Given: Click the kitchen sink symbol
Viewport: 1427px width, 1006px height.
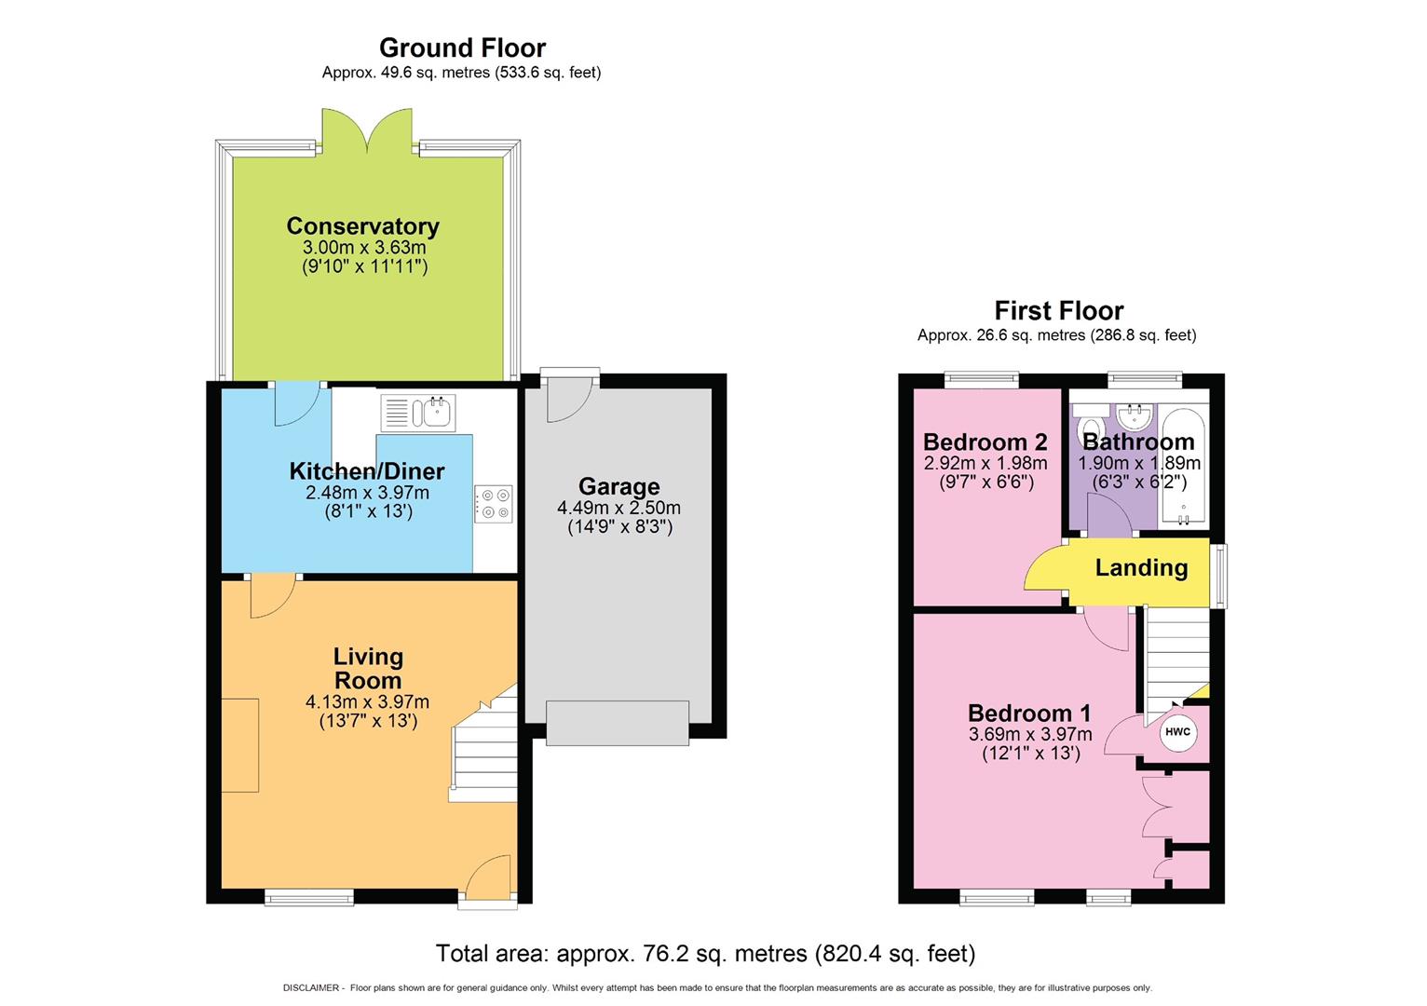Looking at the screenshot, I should (x=418, y=412).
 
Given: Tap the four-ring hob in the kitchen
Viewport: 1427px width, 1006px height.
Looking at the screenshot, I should (x=494, y=504).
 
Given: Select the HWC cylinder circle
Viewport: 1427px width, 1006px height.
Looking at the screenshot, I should (x=1177, y=731).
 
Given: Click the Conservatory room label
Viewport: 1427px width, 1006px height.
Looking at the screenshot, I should (x=362, y=226).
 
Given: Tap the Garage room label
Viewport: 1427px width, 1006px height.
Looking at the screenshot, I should (x=618, y=486).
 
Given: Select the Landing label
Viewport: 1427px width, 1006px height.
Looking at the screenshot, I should (x=1141, y=567).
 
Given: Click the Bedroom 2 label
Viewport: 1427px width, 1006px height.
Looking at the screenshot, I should (x=985, y=442).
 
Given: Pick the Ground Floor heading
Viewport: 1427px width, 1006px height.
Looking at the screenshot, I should (x=462, y=48).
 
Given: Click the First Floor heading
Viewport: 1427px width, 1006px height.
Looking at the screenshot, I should (x=1058, y=310).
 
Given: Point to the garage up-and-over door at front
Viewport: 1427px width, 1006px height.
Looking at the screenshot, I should (x=618, y=723).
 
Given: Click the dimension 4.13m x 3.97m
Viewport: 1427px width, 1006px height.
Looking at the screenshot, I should (x=367, y=702).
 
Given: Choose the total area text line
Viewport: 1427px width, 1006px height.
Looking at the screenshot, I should (x=705, y=954).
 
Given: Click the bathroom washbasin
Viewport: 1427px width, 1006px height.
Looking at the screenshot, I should (x=1135, y=414).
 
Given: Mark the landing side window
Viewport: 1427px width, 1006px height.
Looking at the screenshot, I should (x=1221, y=576).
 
